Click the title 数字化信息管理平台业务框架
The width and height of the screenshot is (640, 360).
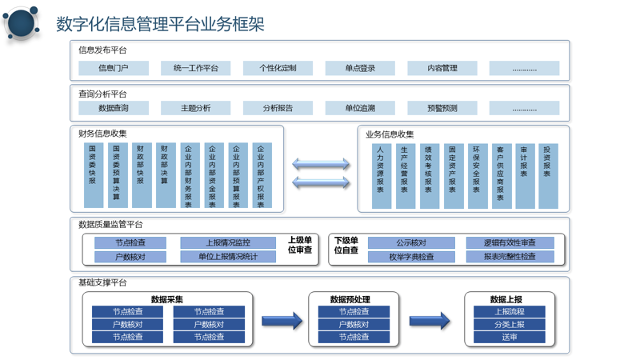pos(160,24)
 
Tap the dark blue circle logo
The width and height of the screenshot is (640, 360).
pos(22,23)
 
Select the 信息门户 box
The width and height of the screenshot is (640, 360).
pos(114,68)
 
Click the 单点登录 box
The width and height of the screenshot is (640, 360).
pos(360,68)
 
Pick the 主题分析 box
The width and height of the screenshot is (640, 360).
pos(195,108)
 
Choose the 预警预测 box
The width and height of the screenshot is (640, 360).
pos(442,108)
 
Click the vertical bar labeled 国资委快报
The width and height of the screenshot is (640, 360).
pos(94,175)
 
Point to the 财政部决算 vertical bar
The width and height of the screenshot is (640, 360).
pos(166,175)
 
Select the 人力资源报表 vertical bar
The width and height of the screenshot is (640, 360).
pos(382,176)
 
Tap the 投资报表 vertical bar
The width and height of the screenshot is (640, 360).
pos(548,176)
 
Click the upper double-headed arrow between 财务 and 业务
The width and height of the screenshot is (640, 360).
pos(321,164)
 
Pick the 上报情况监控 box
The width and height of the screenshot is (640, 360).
pos(228,243)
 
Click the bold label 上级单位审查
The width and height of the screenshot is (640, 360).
pos(299,245)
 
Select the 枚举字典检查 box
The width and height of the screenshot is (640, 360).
pos(411,257)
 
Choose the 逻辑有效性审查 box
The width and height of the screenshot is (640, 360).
pos(510,243)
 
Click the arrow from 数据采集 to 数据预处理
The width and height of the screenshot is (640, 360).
pos(282,321)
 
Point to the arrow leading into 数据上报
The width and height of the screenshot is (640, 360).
pos(430,321)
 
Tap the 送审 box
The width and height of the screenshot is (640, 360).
pos(510,337)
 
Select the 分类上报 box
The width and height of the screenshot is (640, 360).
pos(510,325)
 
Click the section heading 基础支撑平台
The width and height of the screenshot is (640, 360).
pos(102,282)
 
